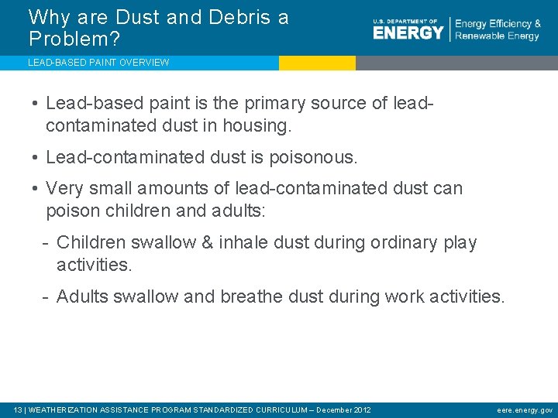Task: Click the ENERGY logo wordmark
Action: pos(408,32)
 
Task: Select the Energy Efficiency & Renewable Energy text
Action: pos(498,30)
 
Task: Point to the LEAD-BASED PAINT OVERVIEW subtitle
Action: pos(98,63)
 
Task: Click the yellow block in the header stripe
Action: pos(317,63)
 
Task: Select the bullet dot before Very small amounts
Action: pos(36,188)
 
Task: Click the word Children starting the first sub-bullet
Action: pos(91,242)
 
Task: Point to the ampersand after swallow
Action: pos(207,242)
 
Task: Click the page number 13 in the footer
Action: pos(19,409)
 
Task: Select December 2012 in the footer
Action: pos(343,409)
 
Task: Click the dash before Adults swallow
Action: pos(47,296)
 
